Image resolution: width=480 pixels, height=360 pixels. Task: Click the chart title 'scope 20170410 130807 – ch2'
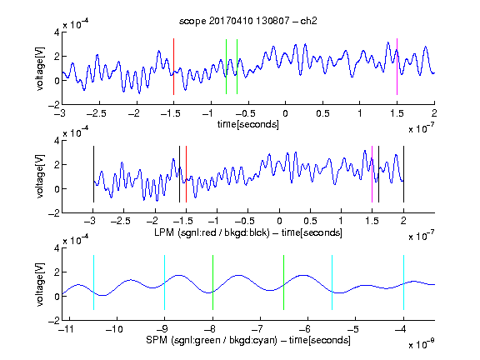(x=248, y=21)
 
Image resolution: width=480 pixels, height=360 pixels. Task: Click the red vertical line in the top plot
(x=173, y=67)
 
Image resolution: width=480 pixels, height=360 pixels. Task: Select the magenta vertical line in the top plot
(x=397, y=67)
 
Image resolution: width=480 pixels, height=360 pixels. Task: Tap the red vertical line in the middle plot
(x=186, y=174)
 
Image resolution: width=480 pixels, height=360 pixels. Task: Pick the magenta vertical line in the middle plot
(x=372, y=174)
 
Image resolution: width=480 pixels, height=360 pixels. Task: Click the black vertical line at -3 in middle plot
(x=93, y=174)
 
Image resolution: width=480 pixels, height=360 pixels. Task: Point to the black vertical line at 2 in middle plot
(x=403, y=174)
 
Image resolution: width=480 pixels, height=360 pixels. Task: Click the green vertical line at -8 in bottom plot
(x=212, y=282)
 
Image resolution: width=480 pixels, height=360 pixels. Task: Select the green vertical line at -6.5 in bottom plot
(x=284, y=282)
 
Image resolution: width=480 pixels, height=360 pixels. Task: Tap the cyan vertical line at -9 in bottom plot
(x=164, y=282)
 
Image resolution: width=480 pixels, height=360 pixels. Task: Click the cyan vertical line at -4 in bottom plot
(x=403, y=282)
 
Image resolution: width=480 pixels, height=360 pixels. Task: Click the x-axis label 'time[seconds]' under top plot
(x=248, y=124)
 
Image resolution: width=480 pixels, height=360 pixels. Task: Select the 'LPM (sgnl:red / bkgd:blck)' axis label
(x=212, y=232)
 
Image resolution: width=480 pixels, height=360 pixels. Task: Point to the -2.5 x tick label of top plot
(x=96, y=113)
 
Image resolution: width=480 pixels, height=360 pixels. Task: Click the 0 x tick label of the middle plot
(x=279, y=221)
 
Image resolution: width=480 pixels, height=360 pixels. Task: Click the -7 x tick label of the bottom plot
(x=258, y=329)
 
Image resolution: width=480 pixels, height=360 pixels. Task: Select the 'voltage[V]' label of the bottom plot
(x=40, y=284)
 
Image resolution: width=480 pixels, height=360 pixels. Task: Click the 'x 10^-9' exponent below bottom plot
(x=422, y=344)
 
